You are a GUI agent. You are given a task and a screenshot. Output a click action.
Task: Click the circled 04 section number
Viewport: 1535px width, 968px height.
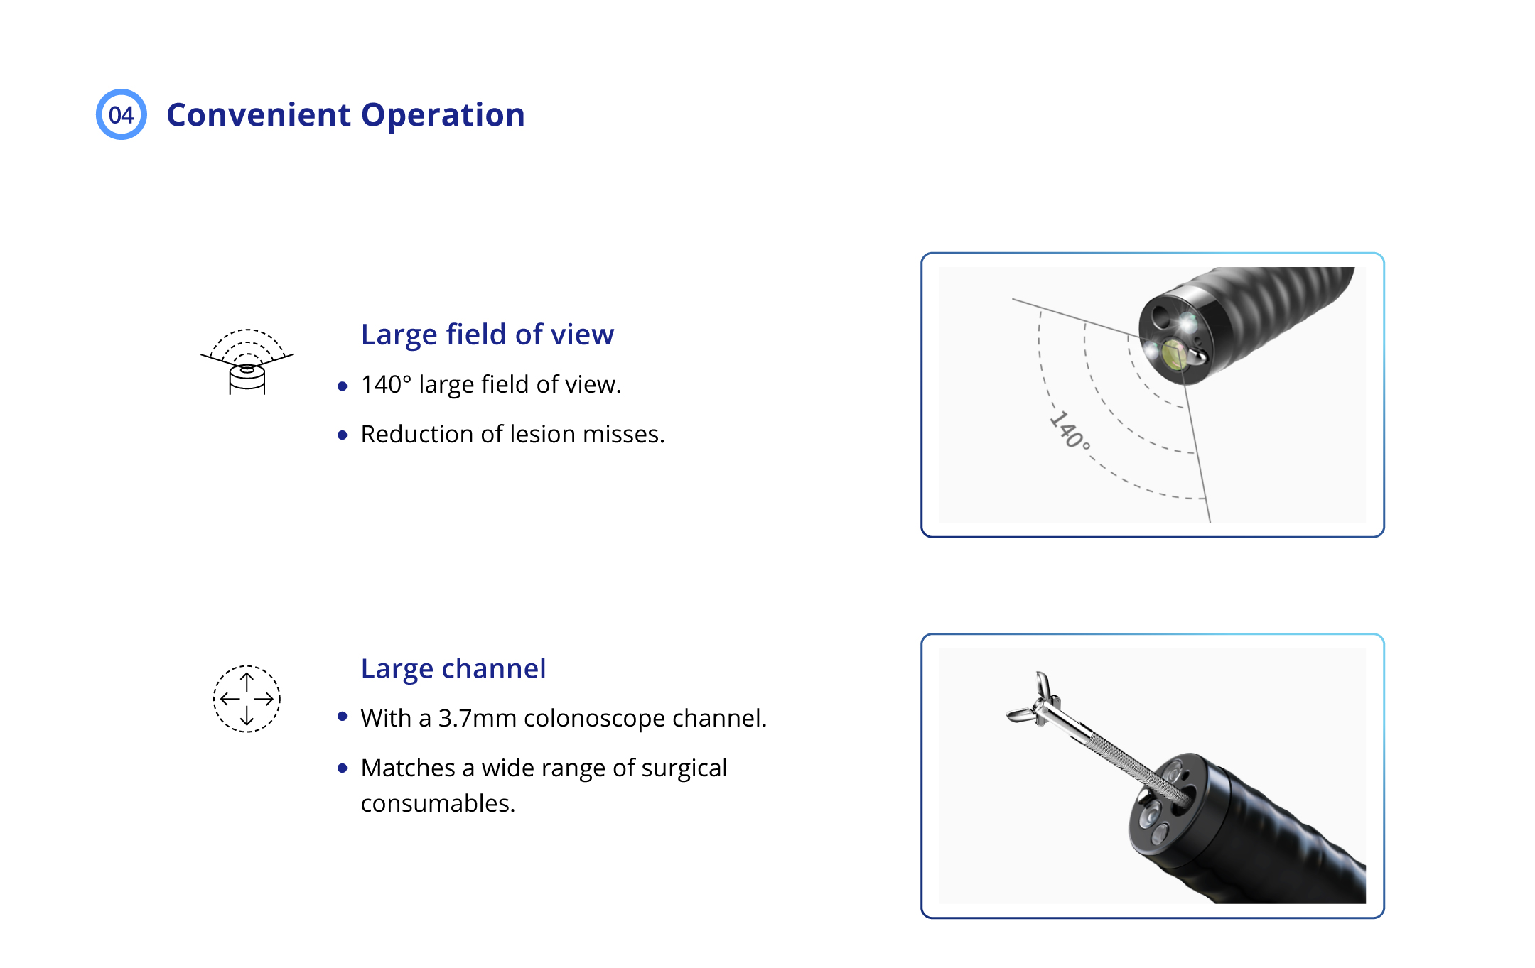(122, 114)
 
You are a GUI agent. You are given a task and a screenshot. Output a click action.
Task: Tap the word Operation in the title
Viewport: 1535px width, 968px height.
(443, 115)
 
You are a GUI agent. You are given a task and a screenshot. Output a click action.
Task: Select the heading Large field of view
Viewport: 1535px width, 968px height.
(488, 335)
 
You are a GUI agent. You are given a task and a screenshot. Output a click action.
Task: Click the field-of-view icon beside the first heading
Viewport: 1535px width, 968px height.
(247, 361)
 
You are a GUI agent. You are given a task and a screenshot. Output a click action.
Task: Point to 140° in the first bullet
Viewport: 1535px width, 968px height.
(386, 384)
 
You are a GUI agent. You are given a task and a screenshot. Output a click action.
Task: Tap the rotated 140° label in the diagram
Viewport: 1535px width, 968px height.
(1070, 430)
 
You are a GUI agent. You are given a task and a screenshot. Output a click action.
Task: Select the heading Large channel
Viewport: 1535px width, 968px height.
(453, 669)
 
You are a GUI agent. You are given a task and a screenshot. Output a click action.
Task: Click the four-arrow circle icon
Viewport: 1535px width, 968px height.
(247, 699)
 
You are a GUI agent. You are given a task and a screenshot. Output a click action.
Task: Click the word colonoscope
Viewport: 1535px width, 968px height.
(595, 719)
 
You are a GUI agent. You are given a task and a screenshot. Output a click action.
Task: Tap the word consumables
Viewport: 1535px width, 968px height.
(438, 803)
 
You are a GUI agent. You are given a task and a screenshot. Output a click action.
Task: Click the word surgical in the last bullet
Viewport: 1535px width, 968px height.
(684, 768)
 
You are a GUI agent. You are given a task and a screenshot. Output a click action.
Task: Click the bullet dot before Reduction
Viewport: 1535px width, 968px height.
(343, 435)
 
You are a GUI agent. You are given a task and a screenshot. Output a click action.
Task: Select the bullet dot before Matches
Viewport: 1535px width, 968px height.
(343, 768)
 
